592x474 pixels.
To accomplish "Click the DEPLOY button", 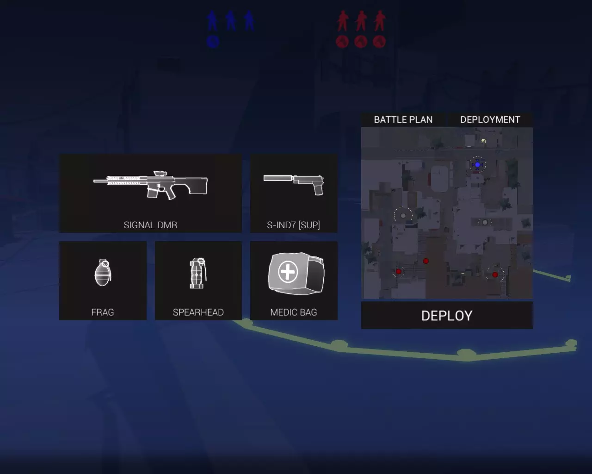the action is pos(447,315).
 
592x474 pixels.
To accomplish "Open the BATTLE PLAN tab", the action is pos(403,120).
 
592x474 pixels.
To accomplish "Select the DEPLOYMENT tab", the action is pos(490,120).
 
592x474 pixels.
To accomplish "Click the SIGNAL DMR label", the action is pos(150,225).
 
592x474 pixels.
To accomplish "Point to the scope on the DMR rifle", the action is pos(160,173).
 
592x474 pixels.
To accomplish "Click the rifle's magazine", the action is pos(152,193).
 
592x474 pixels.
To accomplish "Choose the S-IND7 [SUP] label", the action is pos(294,225).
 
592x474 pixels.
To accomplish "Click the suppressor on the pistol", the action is pos(277,178).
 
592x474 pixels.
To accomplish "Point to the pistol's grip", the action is pos(319,189).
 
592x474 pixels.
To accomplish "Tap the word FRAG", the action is pos(103,312).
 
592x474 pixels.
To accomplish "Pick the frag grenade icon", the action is pos(103,272).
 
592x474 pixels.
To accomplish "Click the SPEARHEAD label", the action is pos(198,312).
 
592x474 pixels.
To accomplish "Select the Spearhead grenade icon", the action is pos(198,273).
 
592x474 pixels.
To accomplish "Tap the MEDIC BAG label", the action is pos(294,312).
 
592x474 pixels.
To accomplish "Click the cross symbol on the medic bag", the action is pos(288,272).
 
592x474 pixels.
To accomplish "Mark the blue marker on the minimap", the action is pos(478,165).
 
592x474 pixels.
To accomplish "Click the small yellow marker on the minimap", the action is pos(483,142).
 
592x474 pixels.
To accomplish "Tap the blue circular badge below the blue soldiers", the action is pos(213,42).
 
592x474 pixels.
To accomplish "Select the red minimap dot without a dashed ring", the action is pos(425,261).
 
